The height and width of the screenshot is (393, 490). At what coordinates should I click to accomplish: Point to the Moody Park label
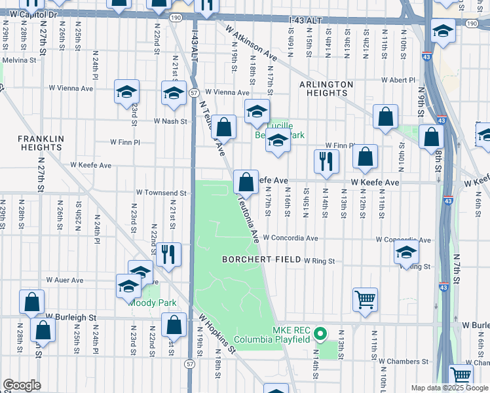[x=152, y=303]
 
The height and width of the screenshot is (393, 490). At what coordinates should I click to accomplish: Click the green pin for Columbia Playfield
[x=320, y=334]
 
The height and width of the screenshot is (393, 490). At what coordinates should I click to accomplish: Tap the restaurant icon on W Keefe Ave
[x=326, y=160]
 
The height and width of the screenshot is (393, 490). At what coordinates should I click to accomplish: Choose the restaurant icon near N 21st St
[x=169, y=254]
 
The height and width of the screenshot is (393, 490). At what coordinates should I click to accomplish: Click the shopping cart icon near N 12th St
[x=365, y=299]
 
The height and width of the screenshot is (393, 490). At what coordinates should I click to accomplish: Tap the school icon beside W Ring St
[x=407, y=252]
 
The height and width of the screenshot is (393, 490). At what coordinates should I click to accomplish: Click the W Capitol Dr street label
[x=29, y=14]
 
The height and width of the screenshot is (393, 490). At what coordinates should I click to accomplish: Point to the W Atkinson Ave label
[x=251, y=43]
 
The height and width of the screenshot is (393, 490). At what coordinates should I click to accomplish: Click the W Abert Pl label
[x=397, y=81]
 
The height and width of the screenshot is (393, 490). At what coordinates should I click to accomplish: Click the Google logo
[x=22, y=385]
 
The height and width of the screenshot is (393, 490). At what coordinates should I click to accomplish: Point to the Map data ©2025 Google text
[x=449, y=388]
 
